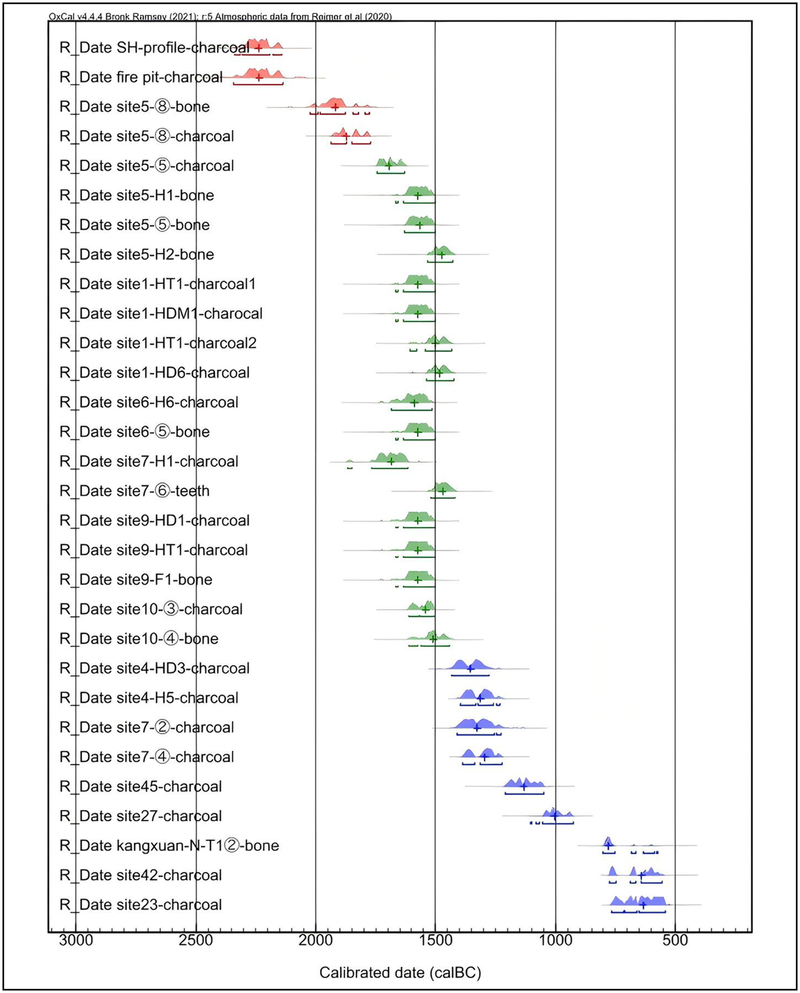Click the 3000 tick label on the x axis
pos(76,940)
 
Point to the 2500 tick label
pos(196,940)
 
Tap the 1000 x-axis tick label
pos(555,940)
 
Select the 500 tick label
pos(675,940)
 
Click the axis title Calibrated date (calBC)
pos(400,973)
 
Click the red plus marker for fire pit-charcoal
pos(259,77)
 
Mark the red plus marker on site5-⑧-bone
pos(335,107)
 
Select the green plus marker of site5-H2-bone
pos(442,254)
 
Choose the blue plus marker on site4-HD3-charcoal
pos(470,668)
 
